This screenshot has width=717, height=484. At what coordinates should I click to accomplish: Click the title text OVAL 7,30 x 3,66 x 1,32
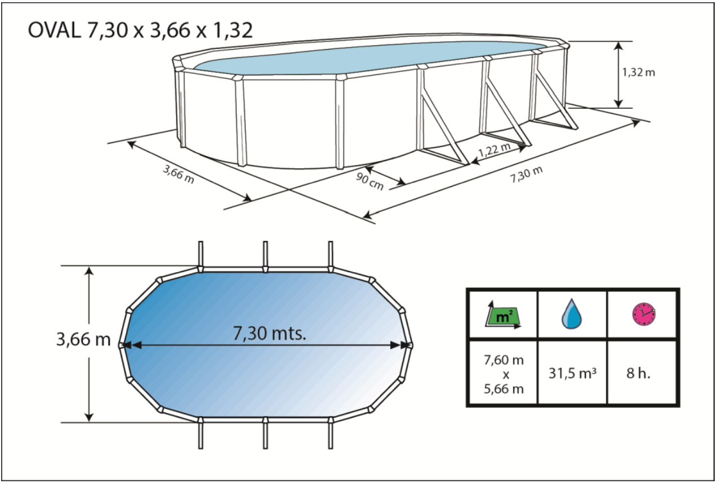point(140,31)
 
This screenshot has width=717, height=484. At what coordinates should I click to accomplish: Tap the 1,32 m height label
point(638,73)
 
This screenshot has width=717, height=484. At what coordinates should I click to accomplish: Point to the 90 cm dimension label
point(369,181)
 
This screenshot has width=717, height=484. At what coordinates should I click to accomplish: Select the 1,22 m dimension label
point(495,150)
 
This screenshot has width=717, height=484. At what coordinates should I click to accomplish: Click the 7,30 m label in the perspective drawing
point(526,175)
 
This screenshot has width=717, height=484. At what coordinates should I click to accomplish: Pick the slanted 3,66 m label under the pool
point(179,174)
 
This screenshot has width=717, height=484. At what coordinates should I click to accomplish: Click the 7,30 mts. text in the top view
point(270,333)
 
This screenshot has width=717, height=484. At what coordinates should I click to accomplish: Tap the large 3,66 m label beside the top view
point(83,339)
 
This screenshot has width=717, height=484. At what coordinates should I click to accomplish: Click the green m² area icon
point(503,316)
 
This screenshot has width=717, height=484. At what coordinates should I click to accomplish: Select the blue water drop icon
point(571,314)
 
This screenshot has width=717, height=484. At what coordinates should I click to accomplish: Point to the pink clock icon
point(644,314)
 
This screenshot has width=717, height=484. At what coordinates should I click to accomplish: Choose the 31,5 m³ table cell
point(572,373)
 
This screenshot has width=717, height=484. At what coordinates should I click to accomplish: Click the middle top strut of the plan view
point(265,255)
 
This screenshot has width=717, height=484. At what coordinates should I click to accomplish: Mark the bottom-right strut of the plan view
point(331,434)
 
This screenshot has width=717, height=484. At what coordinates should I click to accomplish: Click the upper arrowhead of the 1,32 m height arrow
point(618,46)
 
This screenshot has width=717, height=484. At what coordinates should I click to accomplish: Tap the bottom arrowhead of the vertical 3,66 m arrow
point(89,418)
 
